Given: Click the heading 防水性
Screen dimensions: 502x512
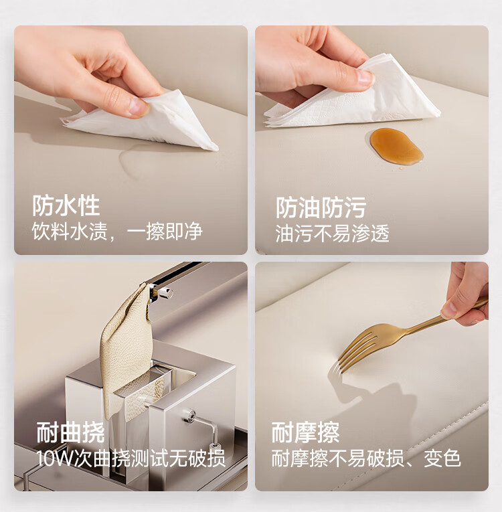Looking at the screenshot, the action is pos(66,205).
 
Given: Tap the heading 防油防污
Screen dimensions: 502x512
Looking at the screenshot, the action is pos(321,207).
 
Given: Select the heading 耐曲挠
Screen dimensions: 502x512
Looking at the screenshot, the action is pos(70,432).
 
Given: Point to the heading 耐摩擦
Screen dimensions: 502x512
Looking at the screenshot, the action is pos(305,432).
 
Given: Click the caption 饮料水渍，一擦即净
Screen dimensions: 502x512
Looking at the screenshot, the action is pos(117,232).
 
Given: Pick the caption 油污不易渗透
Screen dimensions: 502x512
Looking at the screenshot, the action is pos(333,234).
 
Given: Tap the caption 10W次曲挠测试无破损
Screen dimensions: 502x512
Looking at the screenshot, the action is pos(131,458).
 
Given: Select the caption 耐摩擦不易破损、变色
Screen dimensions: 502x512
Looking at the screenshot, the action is pos(366,458).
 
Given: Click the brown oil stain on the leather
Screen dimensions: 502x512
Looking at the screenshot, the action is pos(396,146).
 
